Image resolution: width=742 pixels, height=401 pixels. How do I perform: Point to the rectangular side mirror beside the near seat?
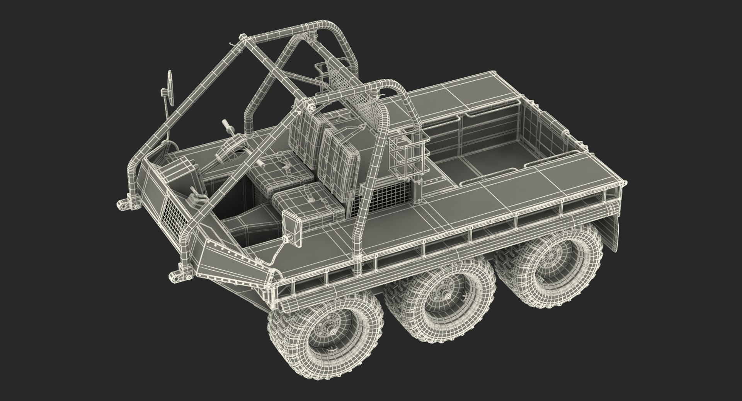(x=293, y=228)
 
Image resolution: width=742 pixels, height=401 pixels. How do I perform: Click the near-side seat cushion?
(x=308, y=204)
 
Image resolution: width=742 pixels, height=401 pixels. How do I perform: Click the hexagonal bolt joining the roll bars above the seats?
(x=310, y=105)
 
